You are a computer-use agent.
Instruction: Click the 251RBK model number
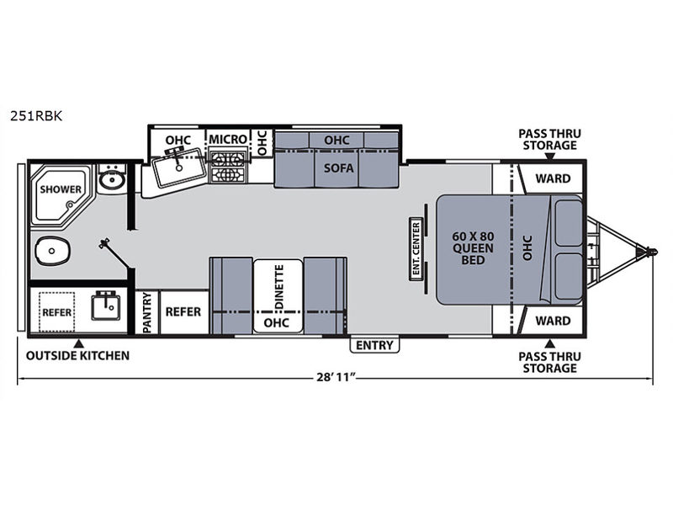36,116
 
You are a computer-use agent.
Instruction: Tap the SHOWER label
61,189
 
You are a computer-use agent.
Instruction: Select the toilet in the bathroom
52,250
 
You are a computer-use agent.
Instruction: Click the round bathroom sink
112,180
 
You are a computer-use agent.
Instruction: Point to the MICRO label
228,139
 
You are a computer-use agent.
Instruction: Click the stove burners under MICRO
227,167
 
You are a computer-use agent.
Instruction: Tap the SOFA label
339,167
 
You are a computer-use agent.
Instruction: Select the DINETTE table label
279,286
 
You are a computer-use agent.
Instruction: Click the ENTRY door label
374,345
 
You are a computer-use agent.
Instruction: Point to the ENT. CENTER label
416,249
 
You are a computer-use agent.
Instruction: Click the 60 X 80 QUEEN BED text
473,248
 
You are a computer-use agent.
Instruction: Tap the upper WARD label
553,178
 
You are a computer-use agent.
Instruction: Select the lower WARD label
553,321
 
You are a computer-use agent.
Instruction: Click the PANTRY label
147,312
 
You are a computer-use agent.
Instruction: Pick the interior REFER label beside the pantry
183,311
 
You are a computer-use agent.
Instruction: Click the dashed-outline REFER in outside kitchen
56,312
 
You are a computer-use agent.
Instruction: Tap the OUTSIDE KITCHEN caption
77,355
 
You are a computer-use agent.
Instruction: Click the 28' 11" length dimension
336,377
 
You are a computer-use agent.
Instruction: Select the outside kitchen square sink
104,306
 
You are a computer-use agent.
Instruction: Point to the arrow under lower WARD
550,344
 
